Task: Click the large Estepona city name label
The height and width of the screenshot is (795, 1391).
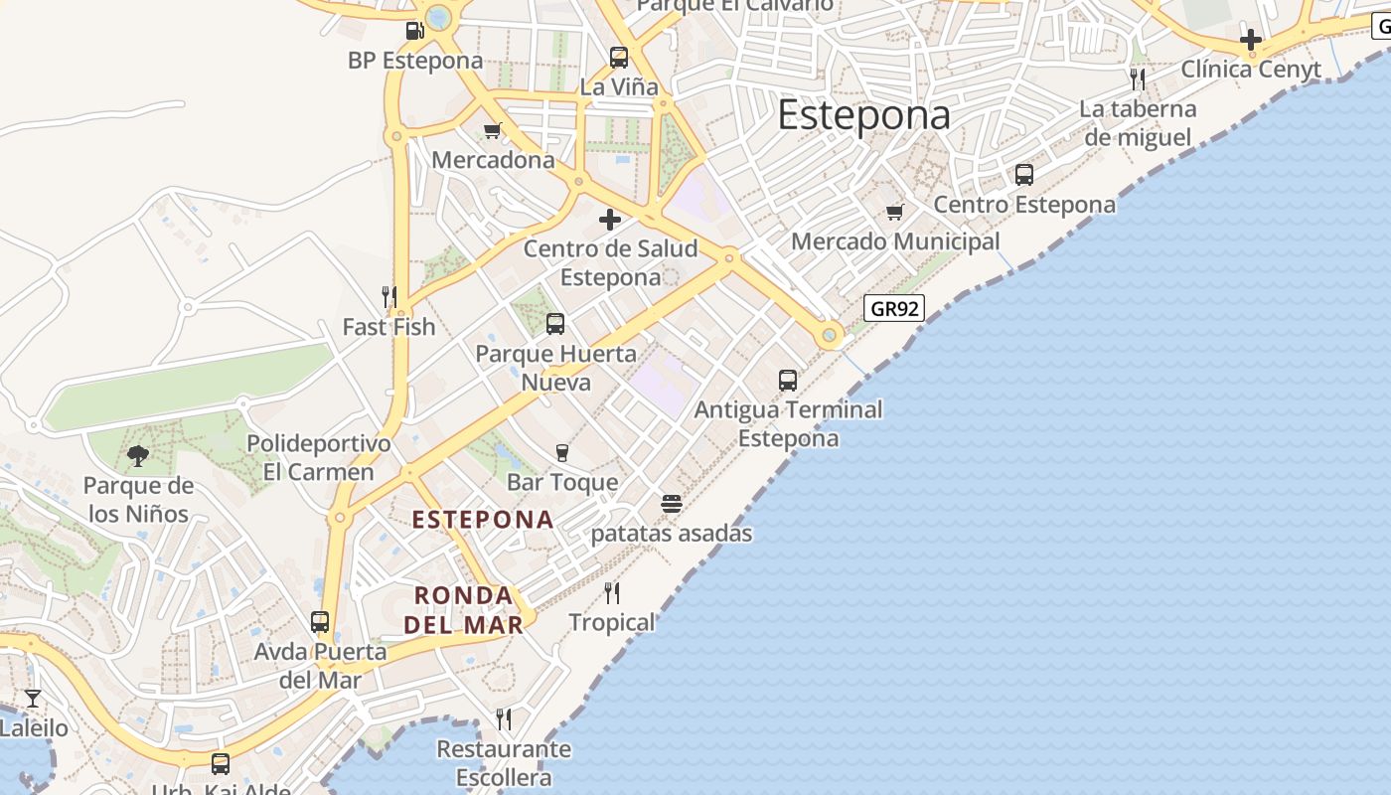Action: click(x=863, y=115)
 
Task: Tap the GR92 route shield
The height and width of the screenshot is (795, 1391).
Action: click(x=894, y=308)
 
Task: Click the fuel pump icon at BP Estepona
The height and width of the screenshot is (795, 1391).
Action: click(x=415, y=31)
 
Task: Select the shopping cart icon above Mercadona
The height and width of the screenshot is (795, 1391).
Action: click(x=493, y=130)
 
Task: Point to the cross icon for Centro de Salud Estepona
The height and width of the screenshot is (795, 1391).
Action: click(x=610, y=220)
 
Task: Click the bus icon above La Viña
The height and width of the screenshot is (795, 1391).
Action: click(x=619, y=58)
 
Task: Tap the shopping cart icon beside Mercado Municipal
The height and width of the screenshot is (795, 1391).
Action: click(x=895, y=212)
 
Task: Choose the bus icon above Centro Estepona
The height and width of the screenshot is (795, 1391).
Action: click(x=1024, y=175)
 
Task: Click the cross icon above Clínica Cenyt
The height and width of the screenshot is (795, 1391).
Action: click(x=1251, y=41)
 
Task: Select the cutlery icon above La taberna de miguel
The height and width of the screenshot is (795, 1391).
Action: click(x=1138, y=79)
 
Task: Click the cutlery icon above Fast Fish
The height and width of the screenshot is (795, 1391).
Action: click(x=389, y=296)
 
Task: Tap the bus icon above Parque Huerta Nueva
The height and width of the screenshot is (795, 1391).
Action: click(x=555, y=324)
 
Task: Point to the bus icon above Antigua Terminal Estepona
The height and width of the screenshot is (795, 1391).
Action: click(x=788, y=380)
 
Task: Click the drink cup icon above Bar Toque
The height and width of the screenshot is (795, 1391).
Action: click(x=562, y=453)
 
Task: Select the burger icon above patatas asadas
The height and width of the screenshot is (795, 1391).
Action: click(x=672, y=504)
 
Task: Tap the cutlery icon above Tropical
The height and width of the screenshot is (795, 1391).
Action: click(x=612, y=593)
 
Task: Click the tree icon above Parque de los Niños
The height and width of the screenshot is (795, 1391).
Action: click(x=138, y=456)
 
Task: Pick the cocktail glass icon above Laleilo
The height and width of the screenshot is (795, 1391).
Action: click(x=33, y=699)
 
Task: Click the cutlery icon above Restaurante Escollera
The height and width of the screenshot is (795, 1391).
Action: click(x=504, y=719)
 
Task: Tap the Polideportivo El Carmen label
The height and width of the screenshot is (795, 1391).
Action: click(x=319, y=457)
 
